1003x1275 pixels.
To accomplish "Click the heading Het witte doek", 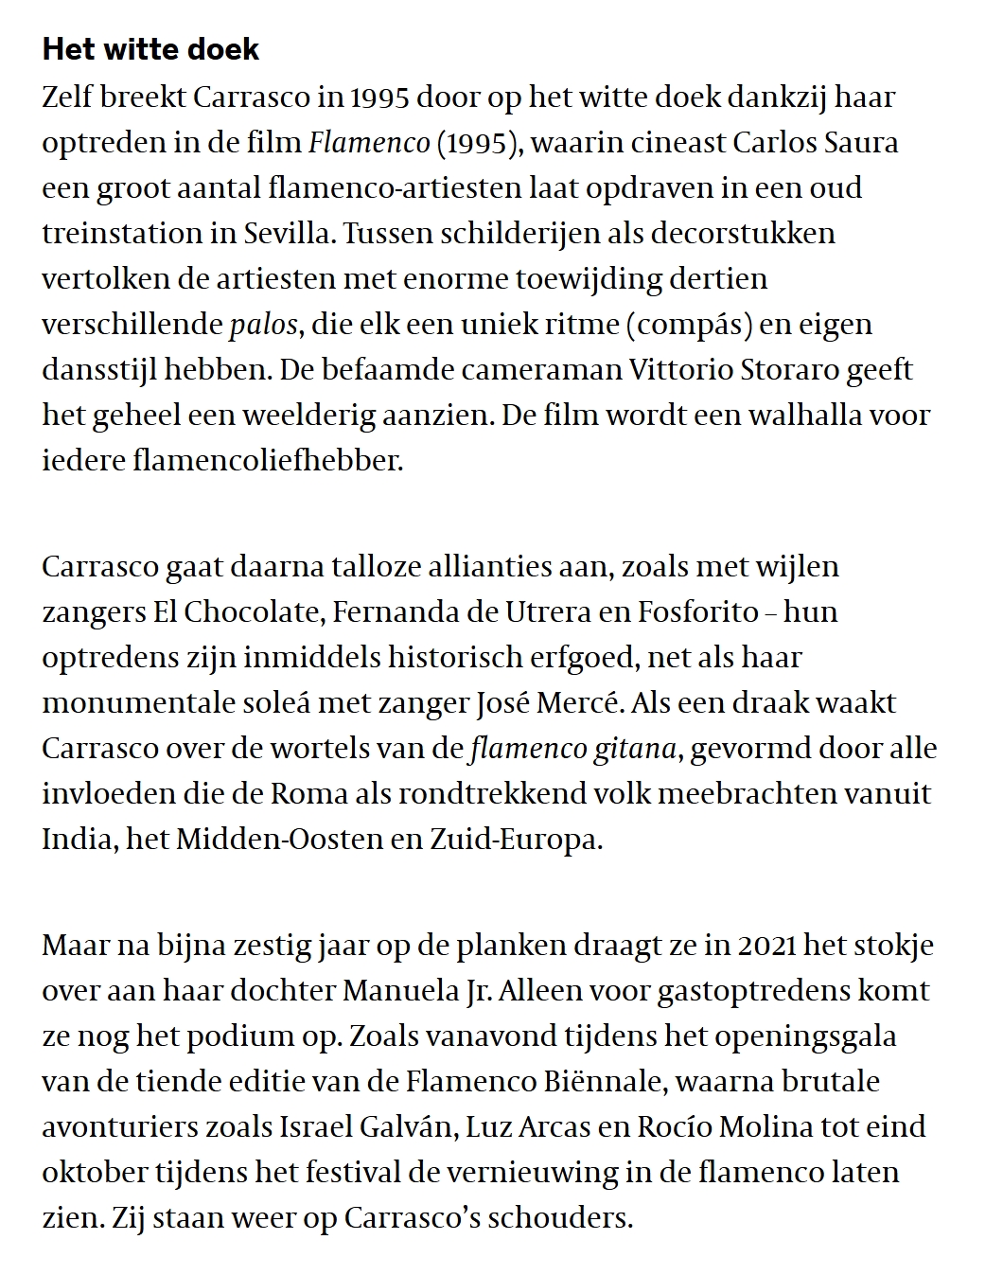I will click(x=150, y=49).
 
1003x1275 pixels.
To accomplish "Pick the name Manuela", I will click(x=400, y=990).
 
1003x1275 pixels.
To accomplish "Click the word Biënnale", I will click(x=631, y=1081).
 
